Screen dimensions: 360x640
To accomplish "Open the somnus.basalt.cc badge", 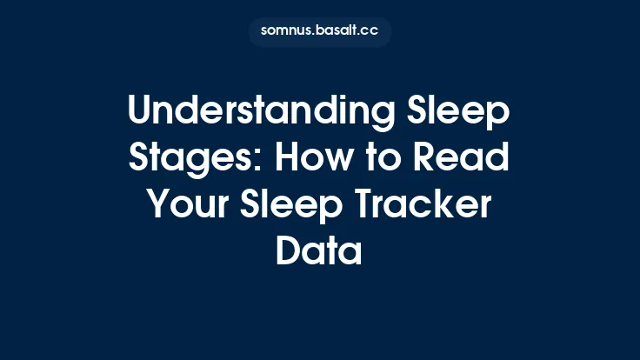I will (320, 31).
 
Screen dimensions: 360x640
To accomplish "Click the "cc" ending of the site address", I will (371, 31).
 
